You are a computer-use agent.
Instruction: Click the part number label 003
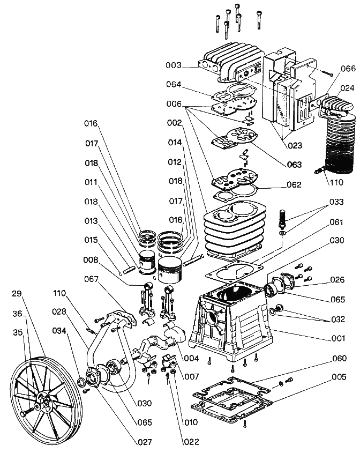(174, 65)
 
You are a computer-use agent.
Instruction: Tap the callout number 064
(174, 84)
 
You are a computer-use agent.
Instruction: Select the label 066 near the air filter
(348, 69)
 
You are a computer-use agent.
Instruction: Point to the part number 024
(347, 88)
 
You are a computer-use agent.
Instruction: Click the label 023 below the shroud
(295, 145)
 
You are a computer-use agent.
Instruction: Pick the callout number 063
(294, 165)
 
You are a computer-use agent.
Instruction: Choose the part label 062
(294, 184)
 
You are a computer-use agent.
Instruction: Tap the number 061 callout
(336, 222)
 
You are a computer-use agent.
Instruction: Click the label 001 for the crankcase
(338, 338)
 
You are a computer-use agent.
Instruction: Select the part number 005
(339, 377)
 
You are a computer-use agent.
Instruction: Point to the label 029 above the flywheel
(17, 294)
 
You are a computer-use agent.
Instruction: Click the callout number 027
(144, 442)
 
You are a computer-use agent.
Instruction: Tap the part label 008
(91, 260)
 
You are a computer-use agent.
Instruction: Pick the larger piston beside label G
(170, 271)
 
